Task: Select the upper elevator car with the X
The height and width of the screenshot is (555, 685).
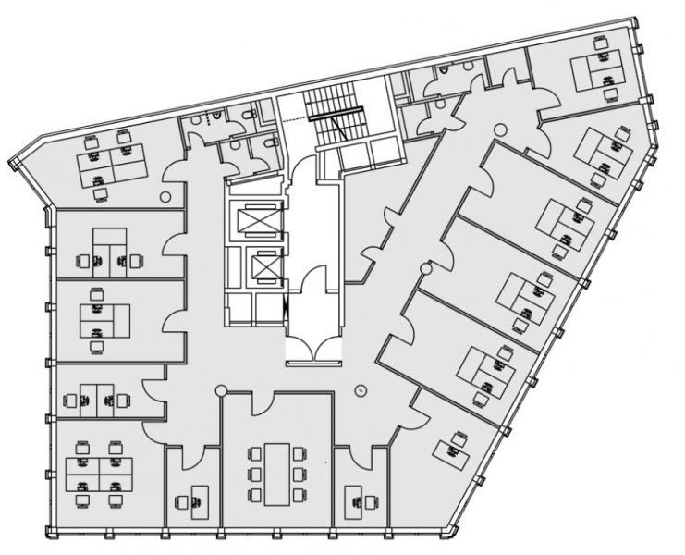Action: pyautogui.click(x=255, y=220)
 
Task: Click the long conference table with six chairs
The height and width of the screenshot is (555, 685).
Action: pyautogui.click(x=276, y=473)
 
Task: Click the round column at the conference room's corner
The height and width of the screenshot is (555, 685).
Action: pyautogui.click(x=221, y=391)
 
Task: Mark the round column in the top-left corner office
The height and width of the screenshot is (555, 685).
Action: pyautogui.click(x=165, y=195)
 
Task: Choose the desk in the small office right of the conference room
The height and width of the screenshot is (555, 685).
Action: pyautogui.click(x=360, y=499)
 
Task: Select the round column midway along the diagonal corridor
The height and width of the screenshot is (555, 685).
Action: pyautogui.click(x=426, y=268)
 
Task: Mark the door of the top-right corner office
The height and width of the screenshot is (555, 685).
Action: pyautogui.click(x=544, y=98)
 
